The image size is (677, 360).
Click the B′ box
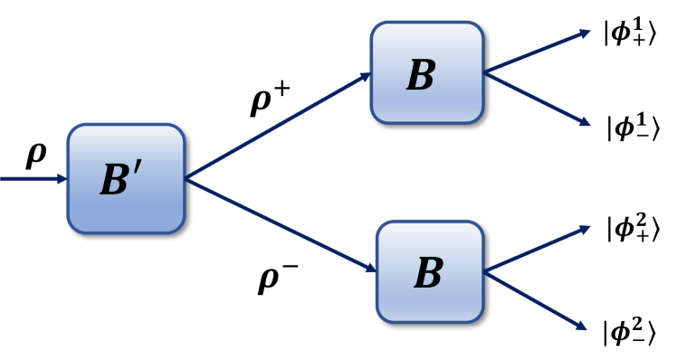(x=126, y=178)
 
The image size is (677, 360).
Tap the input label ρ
(x=35, y=155)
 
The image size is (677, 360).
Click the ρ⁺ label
(x=271, y=102)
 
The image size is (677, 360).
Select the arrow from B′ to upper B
(x=276, y=126)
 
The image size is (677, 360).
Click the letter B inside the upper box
(x=422, y=76)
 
